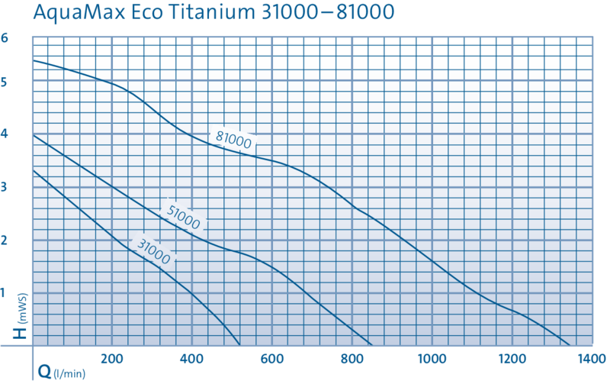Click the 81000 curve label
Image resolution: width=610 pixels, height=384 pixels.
pyautogui.click(x=233, y=139)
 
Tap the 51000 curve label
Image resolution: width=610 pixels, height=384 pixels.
pyautogui.click(x=183, y=214)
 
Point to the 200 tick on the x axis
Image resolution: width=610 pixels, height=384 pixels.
pyautogui.click(x=113, y=357)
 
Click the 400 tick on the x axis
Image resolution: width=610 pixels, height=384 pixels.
pyautogui.click(x=193, y=357)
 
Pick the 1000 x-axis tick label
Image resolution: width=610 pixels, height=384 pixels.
pyautogui.click(x=432, y=357)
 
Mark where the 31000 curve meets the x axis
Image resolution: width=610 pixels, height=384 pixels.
pyautogui.click(x=240, y=344)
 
